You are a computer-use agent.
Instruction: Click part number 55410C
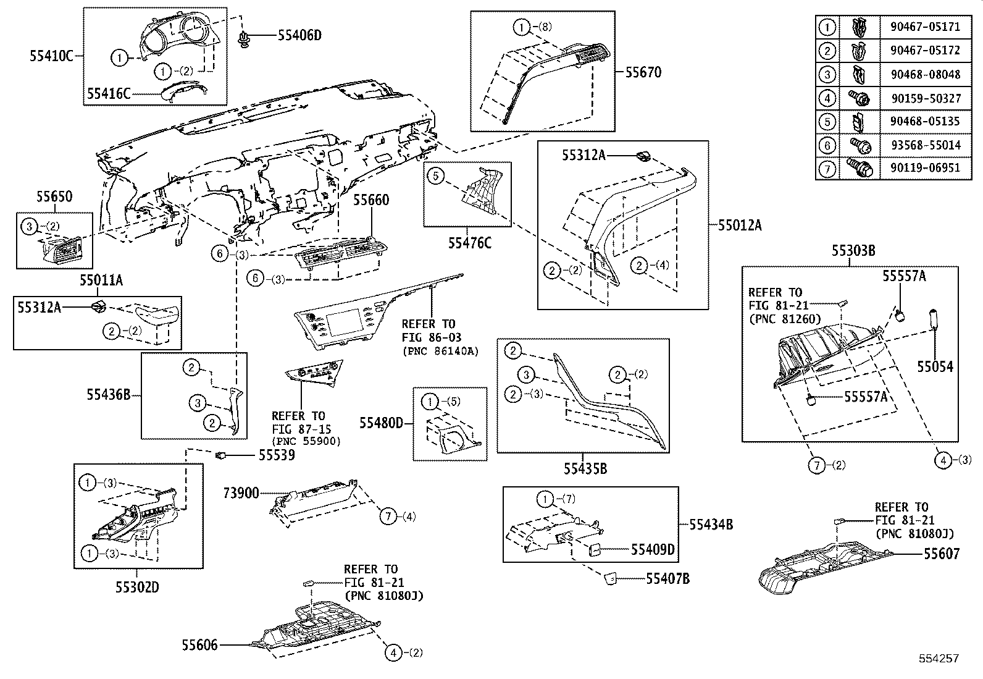pyautogui.click(x=52, y=56)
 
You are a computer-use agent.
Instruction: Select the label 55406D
pyautogui.click(x=299, y=35)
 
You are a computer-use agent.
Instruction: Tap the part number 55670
pyautogui.click(x=643, y=72)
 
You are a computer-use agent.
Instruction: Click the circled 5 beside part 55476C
pyautogui.click(x=435, y=176)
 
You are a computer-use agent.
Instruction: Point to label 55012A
pyautogui.click(x=740, y=226)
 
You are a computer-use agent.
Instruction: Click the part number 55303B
pyautogui.click(x=853, y=251)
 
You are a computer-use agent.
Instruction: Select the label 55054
pyautogui.click(x=935, y=367)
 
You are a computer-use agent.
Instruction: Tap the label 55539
pyautogui.click(x=276, y=455)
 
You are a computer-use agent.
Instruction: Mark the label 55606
pyautogui.click(x=199, y=645)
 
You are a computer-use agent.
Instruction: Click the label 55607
pyautogui.click(x=942, y=554)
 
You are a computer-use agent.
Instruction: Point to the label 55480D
pyautogui.click(x=382, y=423)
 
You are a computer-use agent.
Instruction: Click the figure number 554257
pyautogui.click(x=937, y=659)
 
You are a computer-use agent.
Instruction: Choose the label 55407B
pyautogui.click(x=668, y=579)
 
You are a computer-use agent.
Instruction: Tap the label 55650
pyautogui.click(x=54, y=197)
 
